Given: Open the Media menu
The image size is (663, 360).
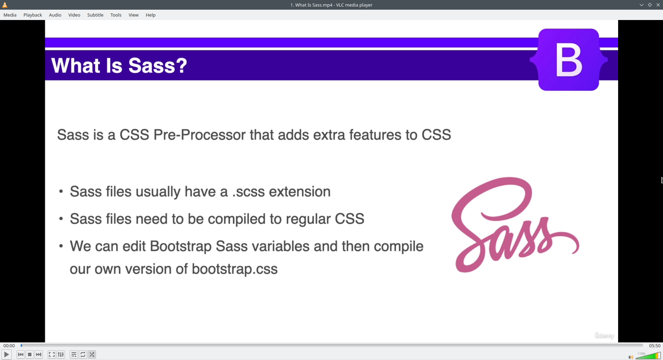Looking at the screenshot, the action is pyautogui.click(x=10, y=15).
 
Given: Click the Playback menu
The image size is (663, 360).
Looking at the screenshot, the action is pyautogui.click(x=33, y=15).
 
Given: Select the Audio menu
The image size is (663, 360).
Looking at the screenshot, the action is pyautogui.click(x=55, y=15).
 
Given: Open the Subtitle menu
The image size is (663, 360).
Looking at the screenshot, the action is pyautogui.click(x=95, y=15).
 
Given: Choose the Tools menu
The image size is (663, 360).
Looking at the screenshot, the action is pyautogui.click(x=116, y=15).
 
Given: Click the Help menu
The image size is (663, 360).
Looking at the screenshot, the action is pyautogui.click(x=151, y=15).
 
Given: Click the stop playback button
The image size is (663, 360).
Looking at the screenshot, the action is pyautogui.click(x=30, y=354).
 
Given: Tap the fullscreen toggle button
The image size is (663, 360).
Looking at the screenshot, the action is pyautogui.click(x=52, y=354).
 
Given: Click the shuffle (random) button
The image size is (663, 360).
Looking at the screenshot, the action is pyautogui.click(x=92, y=354).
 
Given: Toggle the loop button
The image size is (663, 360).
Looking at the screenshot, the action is pyautogui.click(x=83, y=354).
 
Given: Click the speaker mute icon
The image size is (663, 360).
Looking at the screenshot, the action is pyautogui.click(x=631, y=357).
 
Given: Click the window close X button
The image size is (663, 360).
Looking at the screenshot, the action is pyautogui.click(x=658, y=5).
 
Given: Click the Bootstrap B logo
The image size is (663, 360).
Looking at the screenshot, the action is pyautogui.click(x=569, y=60).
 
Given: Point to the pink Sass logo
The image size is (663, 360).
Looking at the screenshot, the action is pyautogui.click(x=515, y=225).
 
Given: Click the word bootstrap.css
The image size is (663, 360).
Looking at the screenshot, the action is pyautogui.click(x=235, y=269).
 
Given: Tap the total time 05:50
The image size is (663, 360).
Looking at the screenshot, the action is pyautogui.click(x=654, y=346).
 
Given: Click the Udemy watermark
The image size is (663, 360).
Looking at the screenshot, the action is pyautogui.click(x=604, y=336).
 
